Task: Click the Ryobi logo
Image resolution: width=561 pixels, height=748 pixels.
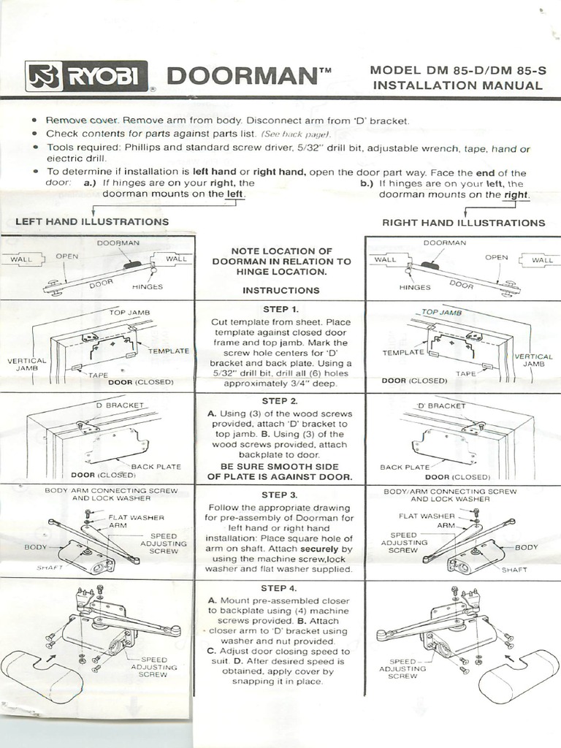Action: [x=87, y=76]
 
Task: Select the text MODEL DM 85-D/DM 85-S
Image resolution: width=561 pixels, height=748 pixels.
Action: [x=457, y=70]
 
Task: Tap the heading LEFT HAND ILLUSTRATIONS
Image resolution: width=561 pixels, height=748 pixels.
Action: [x=92, y=221]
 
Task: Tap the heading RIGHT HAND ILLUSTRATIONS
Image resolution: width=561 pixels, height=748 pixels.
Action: [x=463, y=222]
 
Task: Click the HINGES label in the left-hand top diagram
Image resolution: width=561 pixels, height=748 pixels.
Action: [x=148, y=287]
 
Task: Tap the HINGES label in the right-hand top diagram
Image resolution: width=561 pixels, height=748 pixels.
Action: [x=415, y=287]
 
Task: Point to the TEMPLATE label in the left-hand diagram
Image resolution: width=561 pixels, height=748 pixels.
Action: [x=168, y=351]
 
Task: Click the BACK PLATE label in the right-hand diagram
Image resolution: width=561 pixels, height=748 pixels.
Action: [x=405, y=467]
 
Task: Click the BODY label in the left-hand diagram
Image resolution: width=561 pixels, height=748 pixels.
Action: [x=35, y=546]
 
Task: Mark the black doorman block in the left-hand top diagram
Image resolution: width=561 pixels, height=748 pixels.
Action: [x=133, y=265]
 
